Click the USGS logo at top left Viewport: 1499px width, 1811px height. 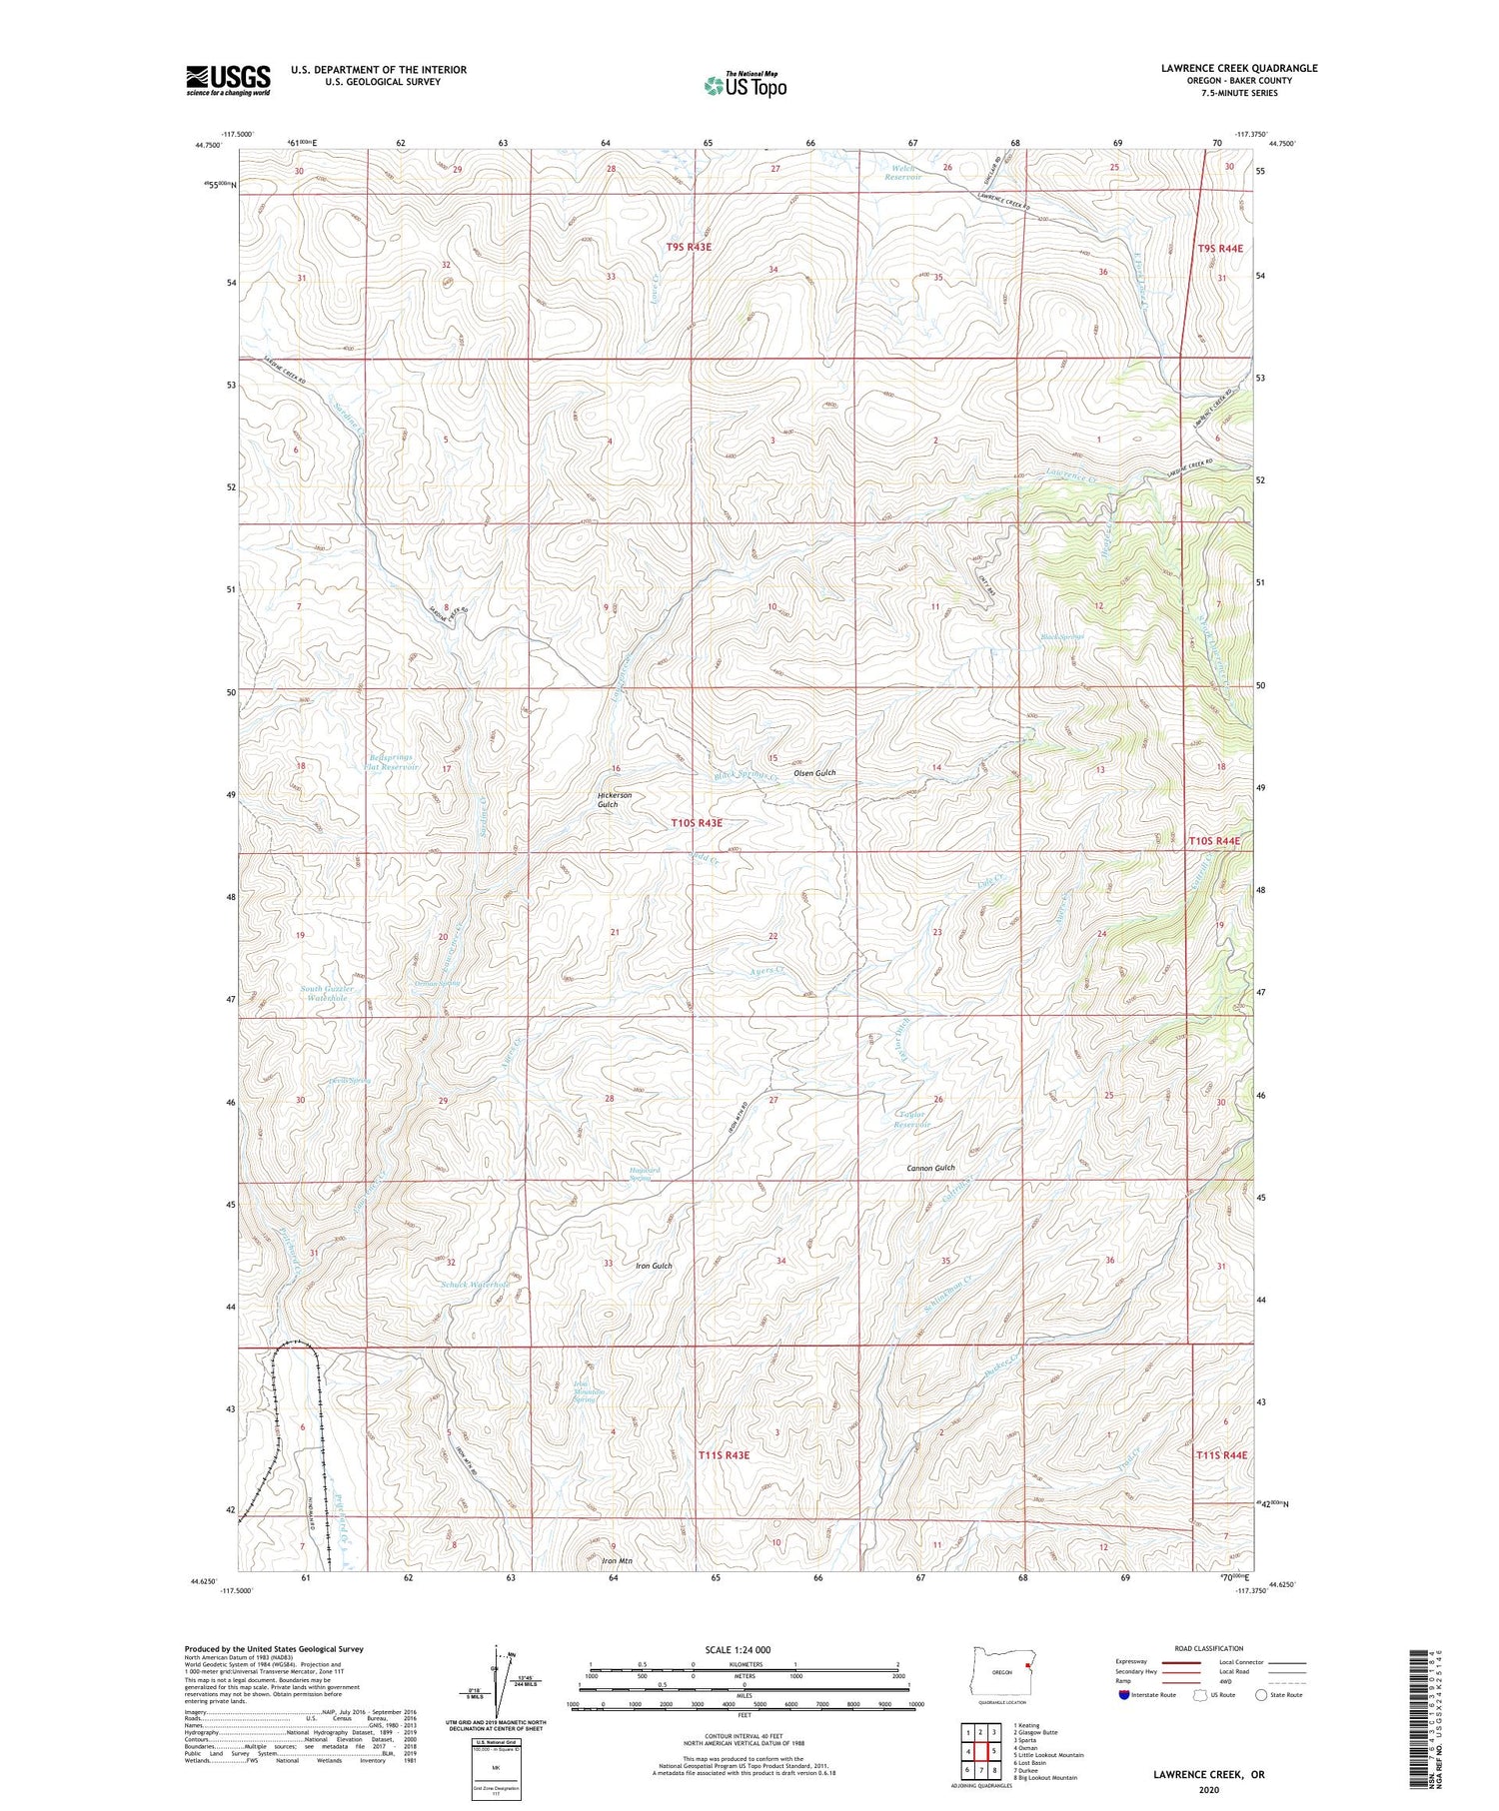point(228,80)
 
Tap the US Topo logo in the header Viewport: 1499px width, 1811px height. point(745,85)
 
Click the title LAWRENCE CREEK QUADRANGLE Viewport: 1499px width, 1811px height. point(1224,69)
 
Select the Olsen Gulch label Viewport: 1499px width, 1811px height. point(814,773)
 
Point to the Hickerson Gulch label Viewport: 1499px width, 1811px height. point(615,800)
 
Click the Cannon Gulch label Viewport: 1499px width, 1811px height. point(930,1168)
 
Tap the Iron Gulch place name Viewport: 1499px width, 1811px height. point(654,1266)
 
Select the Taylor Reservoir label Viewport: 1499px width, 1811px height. point(911,1119)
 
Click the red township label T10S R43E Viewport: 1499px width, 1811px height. point(696,823)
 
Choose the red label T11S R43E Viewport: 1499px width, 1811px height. point(723,1456)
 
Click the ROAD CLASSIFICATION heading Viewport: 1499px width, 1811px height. point(1209,1648)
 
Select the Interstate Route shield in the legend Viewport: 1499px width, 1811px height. point(1125,1695)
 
